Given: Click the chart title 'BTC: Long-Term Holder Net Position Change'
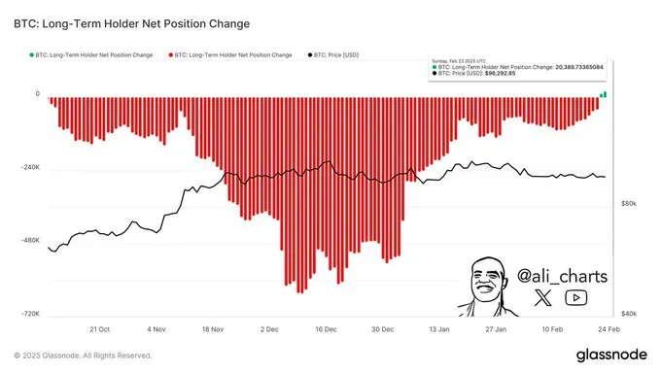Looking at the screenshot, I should (130, 22).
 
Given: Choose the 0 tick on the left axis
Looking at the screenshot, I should (37, 94).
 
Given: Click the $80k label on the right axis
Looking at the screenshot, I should (628, 204).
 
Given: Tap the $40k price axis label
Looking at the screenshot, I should (628, 314).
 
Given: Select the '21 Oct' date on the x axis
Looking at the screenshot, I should (99, 329).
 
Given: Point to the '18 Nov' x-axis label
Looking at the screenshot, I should (212, 329).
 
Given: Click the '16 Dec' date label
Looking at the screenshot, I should (325, 329).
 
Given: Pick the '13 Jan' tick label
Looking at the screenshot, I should (438, 329).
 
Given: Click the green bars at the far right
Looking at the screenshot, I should (603, 94).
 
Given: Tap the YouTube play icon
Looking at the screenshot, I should (576, 299).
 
